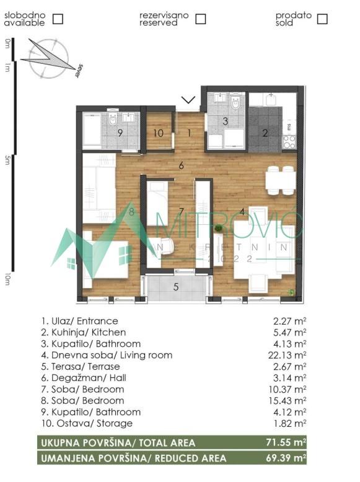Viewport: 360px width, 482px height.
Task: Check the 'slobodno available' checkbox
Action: click(x=58, y=19)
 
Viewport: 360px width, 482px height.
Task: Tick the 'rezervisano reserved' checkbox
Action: click(x=200, y=19)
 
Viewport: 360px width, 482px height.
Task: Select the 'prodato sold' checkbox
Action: click(x=322, y=19)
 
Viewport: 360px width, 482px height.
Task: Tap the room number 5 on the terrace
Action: click(x=176, y=286)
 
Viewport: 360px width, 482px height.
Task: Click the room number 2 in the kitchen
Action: click(x=265, y=132)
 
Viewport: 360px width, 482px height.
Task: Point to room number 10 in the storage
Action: click(x=159, y=133)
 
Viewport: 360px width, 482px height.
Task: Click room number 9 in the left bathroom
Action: click(x=120, y=133)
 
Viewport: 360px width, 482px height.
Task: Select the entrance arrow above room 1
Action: click(x=189, y=100)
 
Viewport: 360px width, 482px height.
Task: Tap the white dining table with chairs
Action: click(x=279, y=180)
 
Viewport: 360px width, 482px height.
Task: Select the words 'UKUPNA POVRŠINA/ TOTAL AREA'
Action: click(x=118, y=443)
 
